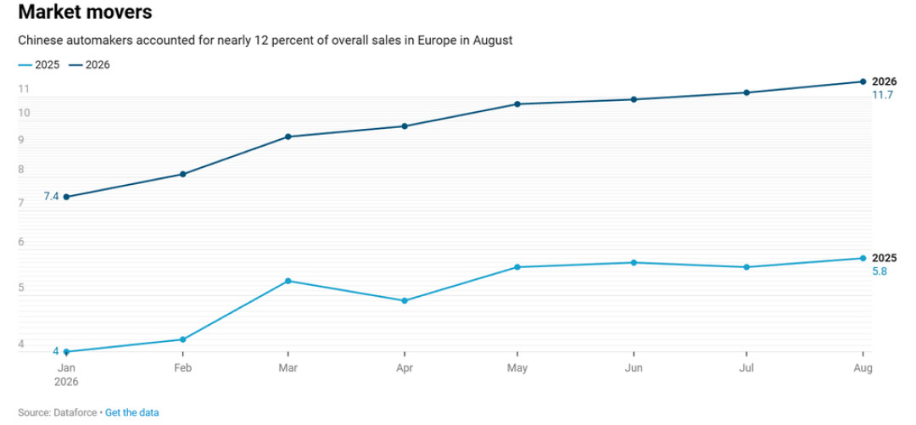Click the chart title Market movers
click(x=86, y=12)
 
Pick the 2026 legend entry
click(x=89, y=64)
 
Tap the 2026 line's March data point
click(x=288, y=137)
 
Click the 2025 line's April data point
click(x=405, y=300)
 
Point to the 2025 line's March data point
click(x=288, y=281)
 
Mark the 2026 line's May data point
click(x=517, y=104)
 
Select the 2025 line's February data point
click(x=183, y=339)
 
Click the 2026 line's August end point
click(x=863, y=81)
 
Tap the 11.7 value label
click(x=883, y=95)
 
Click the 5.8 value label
click(x=880, y=271)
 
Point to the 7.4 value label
click(x=51, y=197)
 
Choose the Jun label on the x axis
click(x=634, y=368)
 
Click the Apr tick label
click(x=405, y=368)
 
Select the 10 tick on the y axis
click(x=24, y=113)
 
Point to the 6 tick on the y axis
click(x=21, y=242)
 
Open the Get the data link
click(x=132, y=412)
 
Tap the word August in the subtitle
click(x=495, y=41)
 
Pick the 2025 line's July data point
click(x=746, y=267)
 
